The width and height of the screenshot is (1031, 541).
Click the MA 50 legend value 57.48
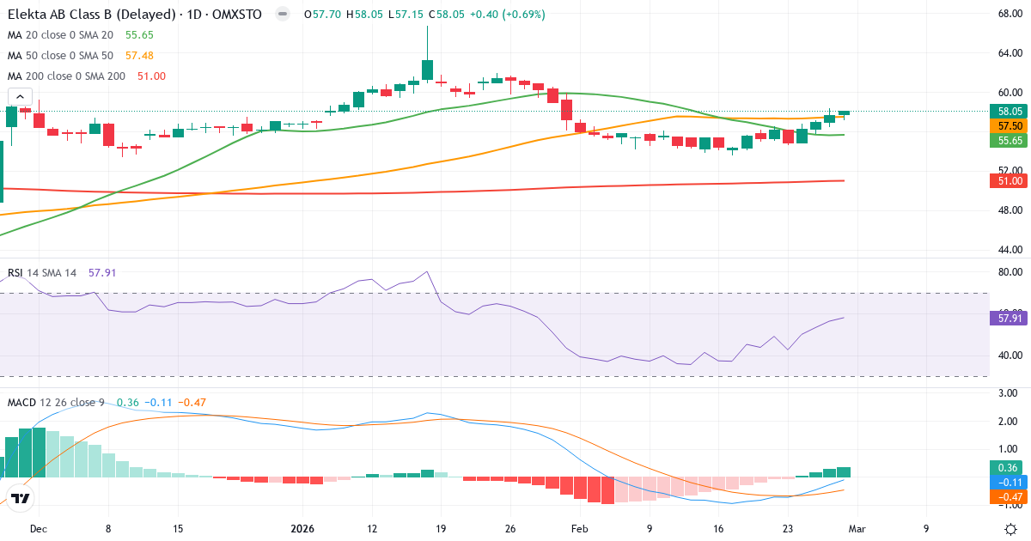[139, 55]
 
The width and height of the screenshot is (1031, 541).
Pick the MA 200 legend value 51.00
[151, 76]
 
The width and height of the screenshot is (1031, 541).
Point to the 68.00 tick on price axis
[1009, 15]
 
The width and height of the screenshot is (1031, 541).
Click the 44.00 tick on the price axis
[1009, 250]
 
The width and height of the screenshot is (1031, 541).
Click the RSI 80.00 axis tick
[1009, 272]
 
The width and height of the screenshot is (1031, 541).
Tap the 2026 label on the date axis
[302, 529]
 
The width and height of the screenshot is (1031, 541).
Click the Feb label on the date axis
[580, 529]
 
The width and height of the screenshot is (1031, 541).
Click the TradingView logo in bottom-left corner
[21, 498]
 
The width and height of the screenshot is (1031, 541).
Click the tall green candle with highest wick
[427, 69]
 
